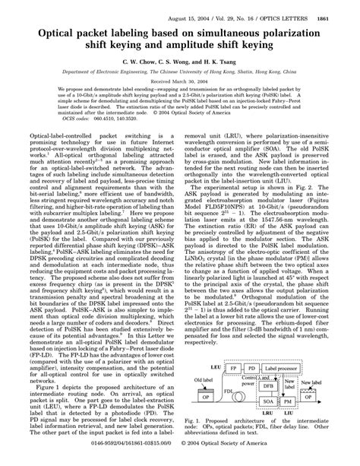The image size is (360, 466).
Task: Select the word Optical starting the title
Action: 45,22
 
